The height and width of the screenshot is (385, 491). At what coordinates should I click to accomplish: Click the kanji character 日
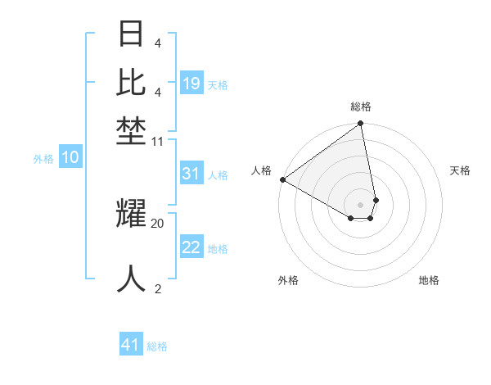(x=132, y=35)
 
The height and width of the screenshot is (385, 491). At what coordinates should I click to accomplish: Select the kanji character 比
(x=132, y=83)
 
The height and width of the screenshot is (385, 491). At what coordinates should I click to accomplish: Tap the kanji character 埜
(x=132, y=131)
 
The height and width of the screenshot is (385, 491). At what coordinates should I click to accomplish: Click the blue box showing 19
(x=191, y=84)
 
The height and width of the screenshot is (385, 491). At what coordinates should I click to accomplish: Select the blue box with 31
(x=191, y=174)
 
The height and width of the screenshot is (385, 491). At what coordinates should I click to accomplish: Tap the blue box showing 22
(x=191, y=247)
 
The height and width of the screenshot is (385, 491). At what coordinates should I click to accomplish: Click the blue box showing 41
(x=131, y=345)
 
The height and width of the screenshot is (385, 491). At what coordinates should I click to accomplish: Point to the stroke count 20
(x=158, y=223)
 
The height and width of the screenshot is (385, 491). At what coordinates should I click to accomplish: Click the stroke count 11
(x=158, y=141)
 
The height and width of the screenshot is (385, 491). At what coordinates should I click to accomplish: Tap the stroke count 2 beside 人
(x=158, y=288)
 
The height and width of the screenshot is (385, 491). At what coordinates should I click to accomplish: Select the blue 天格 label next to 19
(x=218, y=84)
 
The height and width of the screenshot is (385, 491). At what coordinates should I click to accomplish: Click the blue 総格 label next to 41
(x=157, y=346)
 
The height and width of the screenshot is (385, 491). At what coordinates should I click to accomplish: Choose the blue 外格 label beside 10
(x=43, y=159)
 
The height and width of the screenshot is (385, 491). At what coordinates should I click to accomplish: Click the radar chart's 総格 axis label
(x=361, y=106)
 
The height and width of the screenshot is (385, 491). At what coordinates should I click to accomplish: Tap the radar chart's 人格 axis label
(x=261, y=170)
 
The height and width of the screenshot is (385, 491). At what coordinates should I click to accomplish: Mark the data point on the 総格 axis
(x=361, y=124)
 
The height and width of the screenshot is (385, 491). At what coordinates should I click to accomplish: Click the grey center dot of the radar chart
(x=361, y=203)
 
